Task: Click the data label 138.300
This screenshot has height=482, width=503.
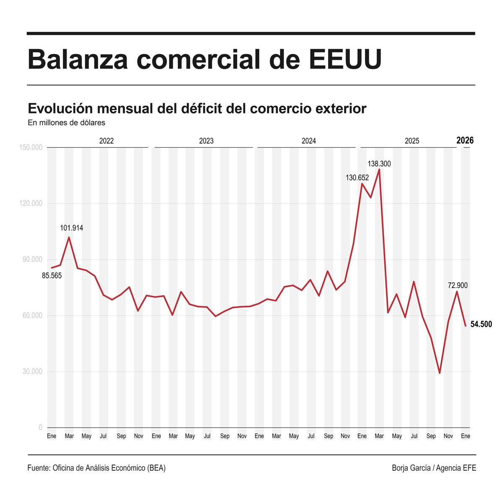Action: click(379, 164)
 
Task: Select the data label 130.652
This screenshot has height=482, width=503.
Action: click(357, 178)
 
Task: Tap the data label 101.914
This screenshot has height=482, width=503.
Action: click(71, 228)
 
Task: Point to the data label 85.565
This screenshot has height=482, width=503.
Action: click(52, 276)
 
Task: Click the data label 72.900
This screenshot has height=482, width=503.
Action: click(457, 286)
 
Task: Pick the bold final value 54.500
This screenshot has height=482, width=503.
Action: click(481, 324)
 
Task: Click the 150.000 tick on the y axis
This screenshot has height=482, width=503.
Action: click(31, 147)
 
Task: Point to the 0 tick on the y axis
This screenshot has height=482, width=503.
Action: click(40, 427)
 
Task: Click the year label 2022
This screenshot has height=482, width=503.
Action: click(106, 141)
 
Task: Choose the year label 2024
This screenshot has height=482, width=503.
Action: click(309, 141)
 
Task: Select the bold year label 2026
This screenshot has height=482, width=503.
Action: click(465, 140)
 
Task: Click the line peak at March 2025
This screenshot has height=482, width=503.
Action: click(379, 170)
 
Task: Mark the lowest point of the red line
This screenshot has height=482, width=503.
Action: click(440, 373)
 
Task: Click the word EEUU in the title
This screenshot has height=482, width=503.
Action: click(346, 59)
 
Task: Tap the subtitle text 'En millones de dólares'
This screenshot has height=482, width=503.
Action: click(66, 123)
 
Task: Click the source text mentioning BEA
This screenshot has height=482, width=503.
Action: click(96, 468)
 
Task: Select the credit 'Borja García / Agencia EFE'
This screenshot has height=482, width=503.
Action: click(434, 468)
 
